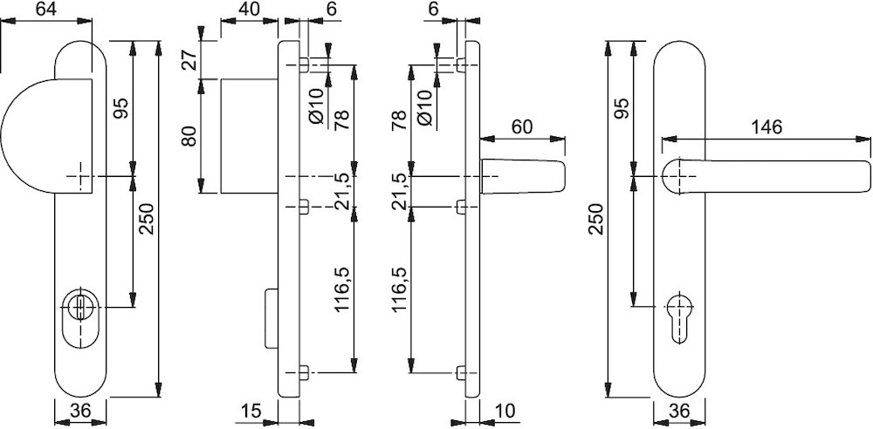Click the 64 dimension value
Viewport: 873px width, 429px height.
(47, 10)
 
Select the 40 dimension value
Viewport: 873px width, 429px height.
(248, 10)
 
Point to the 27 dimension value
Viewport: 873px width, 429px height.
(189, 59)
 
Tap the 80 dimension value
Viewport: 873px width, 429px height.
(189, 136)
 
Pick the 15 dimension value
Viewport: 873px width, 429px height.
(251, 412)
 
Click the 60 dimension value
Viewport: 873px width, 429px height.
(521, 126)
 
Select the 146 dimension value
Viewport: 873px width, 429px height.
(766, 126)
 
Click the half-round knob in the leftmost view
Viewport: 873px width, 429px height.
(47, 136)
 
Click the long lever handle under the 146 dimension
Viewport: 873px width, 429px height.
(766, 177)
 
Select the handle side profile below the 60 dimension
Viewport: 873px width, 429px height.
(522, 177)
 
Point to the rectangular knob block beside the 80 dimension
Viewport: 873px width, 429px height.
(250, 136)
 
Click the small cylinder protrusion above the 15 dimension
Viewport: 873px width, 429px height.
(272, 317)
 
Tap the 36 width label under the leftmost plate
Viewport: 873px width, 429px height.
(80, 412)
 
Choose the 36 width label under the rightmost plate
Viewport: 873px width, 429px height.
(679, 412)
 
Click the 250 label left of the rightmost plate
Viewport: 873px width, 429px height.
(596, 219)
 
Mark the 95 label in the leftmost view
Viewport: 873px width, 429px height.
(120, 108)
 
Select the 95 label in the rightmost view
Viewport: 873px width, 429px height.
(622, 108)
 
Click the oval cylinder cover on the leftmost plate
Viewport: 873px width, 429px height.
(80, 317)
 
